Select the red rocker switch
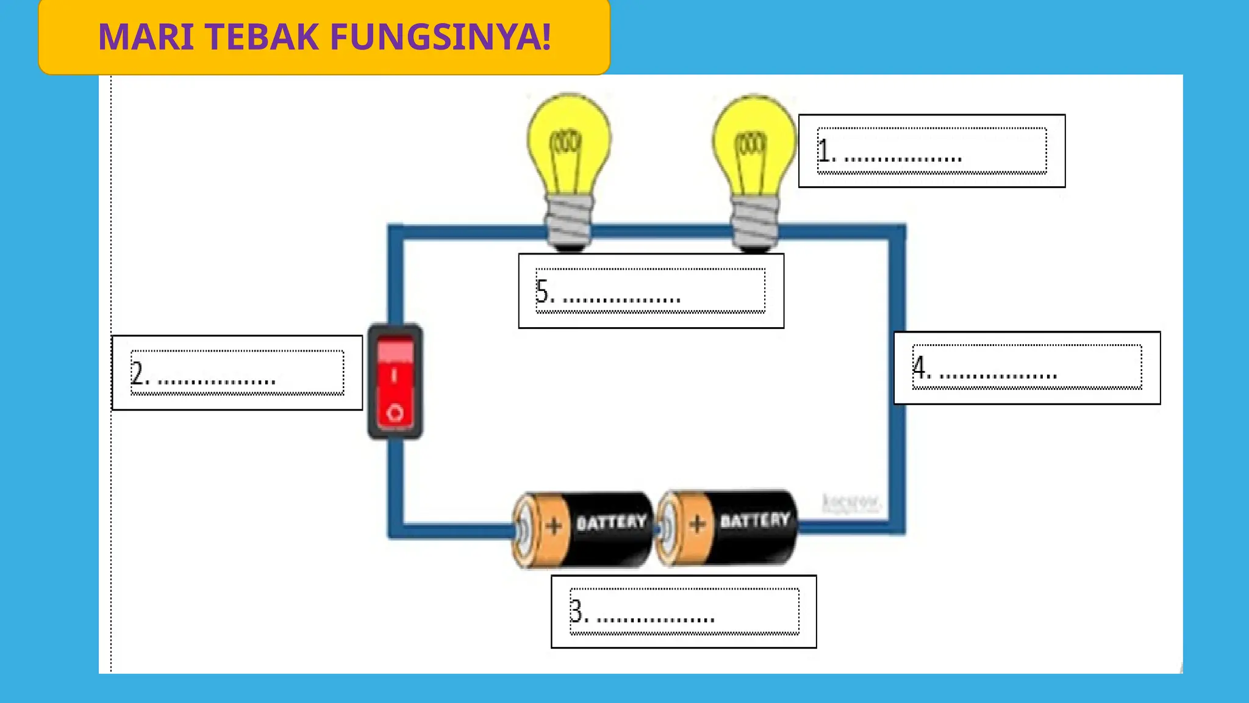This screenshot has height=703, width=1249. click(x=395, y=381)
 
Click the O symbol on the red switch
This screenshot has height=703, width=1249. click(x=395, y=413)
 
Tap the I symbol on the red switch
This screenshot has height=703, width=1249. click(x=394, y=375)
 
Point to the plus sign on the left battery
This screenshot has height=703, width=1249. click(x=554, y=526)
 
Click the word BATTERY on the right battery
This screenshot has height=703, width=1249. click(x=755, y=520)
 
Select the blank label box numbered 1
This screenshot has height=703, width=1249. click(x=931, y=151)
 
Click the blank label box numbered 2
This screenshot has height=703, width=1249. click(x=237, y=373)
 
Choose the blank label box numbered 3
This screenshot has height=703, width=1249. click(x=684, y=611)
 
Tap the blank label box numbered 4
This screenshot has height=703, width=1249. click(x=1027, y=368)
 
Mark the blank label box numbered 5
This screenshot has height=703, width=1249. click(x=651, y=291)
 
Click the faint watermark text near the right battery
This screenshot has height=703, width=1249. click(x=851, y=503)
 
